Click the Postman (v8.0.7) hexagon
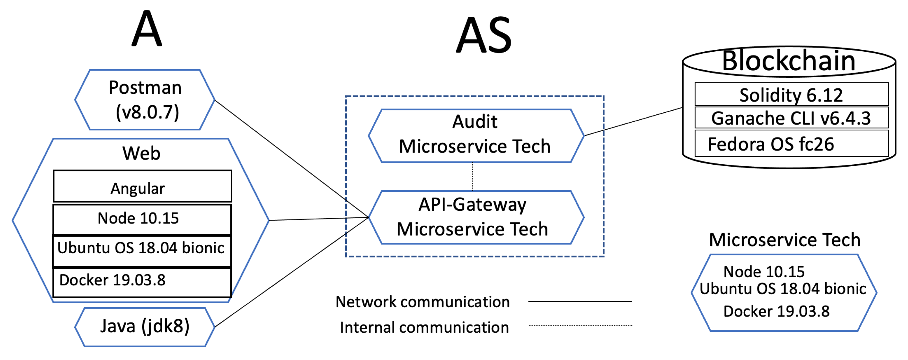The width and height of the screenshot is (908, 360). (145, 100)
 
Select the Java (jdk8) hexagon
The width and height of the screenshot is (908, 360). (145, 326)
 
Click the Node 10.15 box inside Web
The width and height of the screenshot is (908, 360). (142, 219)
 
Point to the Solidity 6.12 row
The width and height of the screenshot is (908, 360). (791, 95)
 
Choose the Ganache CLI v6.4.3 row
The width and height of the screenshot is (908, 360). (791, 118)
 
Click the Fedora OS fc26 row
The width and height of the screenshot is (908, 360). (791, 144)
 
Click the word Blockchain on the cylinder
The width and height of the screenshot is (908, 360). (789, 61)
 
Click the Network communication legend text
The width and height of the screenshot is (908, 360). (422, 302)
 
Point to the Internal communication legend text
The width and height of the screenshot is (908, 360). (424, 328)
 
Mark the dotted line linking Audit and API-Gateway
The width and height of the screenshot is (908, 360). (473, 176)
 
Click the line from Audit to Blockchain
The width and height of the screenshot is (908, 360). (633, 122)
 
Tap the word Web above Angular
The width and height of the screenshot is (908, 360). (141, 153)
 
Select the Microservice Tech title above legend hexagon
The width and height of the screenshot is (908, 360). (785, 240)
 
